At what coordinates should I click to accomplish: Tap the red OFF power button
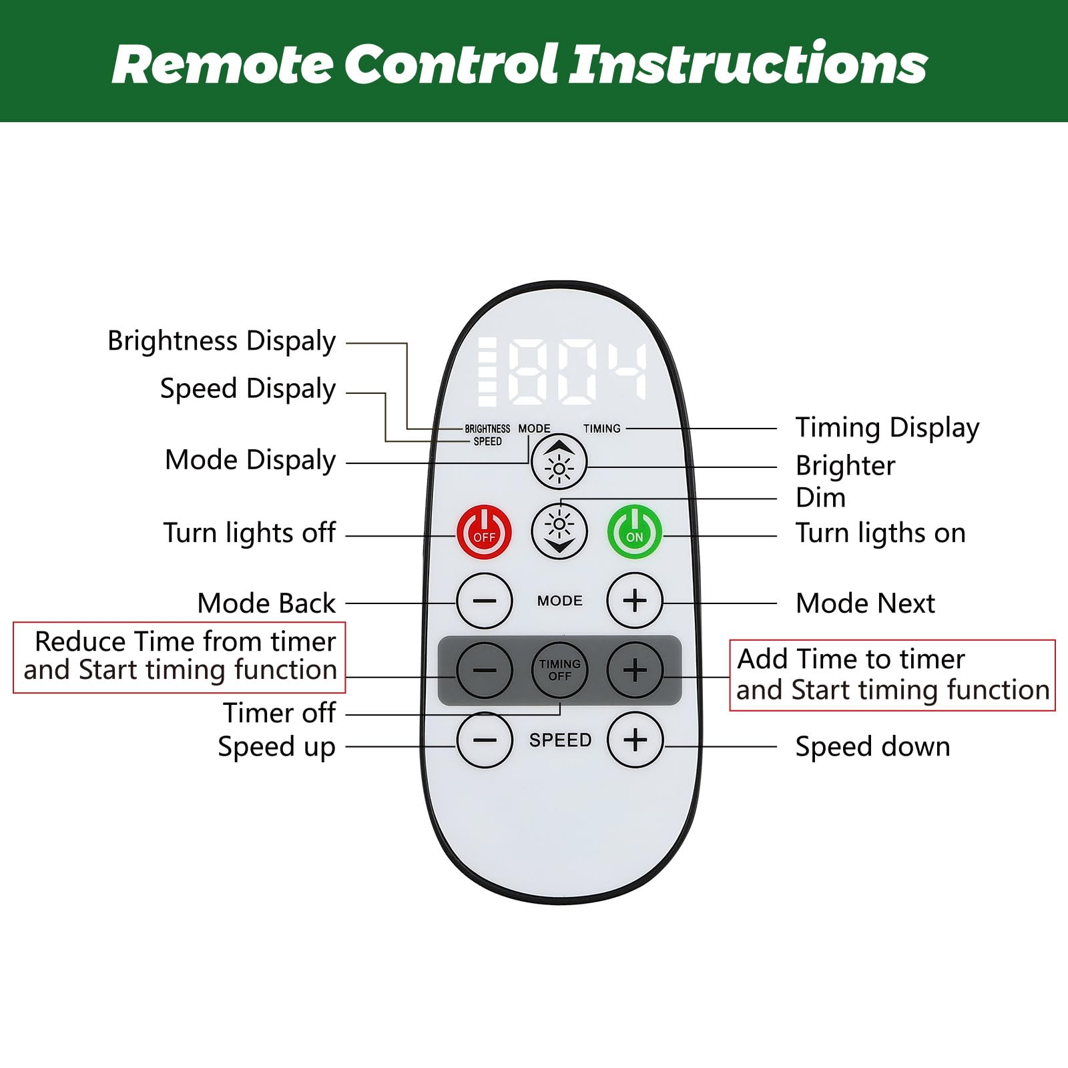click(485, 533)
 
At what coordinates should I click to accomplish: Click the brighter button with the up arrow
click(559, 462)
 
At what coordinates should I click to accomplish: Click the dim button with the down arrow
click(559, 532)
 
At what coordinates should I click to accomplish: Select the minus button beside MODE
click(485, 601)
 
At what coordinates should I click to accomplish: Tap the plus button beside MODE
click(635, 601)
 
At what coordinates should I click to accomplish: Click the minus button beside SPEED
click(485, 740)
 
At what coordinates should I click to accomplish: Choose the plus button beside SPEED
click(635, 740)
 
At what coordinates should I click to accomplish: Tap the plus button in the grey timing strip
click(635, 670)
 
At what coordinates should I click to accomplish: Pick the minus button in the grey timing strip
click(485, 670)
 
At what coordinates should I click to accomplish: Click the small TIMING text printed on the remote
click(601, 429)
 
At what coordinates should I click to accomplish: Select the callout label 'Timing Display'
click(887, 428)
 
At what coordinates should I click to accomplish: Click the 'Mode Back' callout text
click(266, 603)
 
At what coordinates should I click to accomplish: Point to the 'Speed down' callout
click(872, 746)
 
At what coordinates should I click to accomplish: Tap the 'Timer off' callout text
click(279, 713)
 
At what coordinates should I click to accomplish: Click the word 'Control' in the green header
click(451, 64)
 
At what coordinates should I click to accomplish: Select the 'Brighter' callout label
click(845, 466)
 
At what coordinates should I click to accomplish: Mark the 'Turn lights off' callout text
click(249, 533)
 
